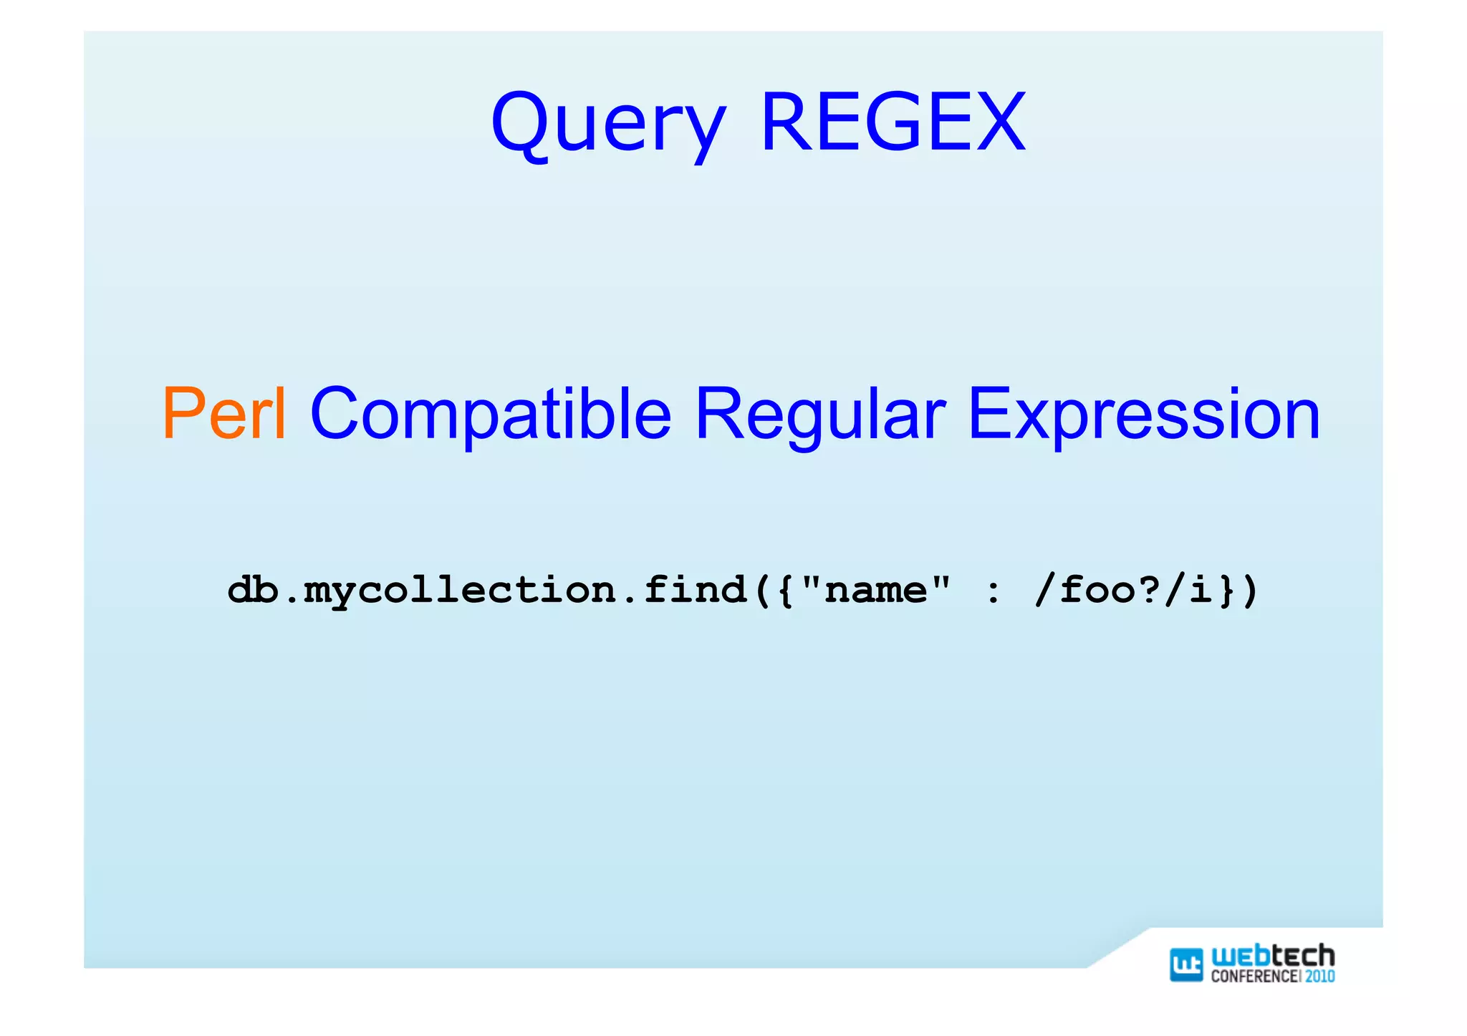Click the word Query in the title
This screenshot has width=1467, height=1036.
coord(608,123)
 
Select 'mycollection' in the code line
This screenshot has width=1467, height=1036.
coord(459,591)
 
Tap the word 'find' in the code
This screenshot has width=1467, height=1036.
coord(695,591)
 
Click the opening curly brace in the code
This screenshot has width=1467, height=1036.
coord(785,591)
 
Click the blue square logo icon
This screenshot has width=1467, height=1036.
coord(1185,964)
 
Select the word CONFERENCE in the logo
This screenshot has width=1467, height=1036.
coord(1254,976)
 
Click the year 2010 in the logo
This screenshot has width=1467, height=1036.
coord(1319,976)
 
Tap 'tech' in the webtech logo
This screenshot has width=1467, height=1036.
coord(1304,957)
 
